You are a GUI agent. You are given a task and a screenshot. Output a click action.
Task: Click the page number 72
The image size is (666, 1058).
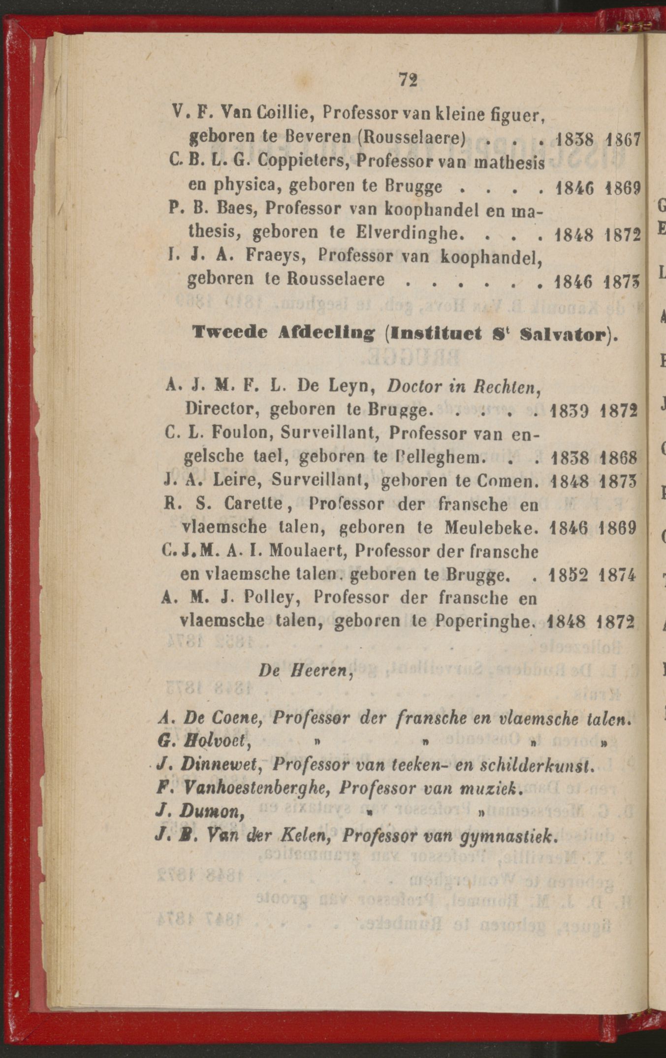coord(408,79)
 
